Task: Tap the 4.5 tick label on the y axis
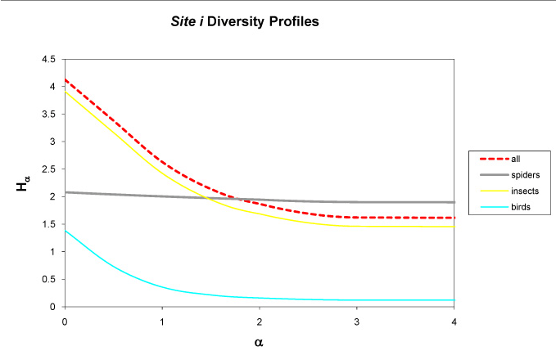[x=48, y=59]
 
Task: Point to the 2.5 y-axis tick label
[x=48, y=169]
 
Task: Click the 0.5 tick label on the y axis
[x=48, y=279]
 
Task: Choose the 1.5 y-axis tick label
[x=48, y=224]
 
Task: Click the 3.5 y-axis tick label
[x=48, y=114]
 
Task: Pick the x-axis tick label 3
[x=356, y=322]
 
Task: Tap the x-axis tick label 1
[x=162, y=322]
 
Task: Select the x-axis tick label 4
[x=453, y=322]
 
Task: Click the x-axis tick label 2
[x=260, y=322]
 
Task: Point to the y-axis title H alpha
[x=22, y=186]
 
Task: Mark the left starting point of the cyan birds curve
[x=66, y=230]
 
